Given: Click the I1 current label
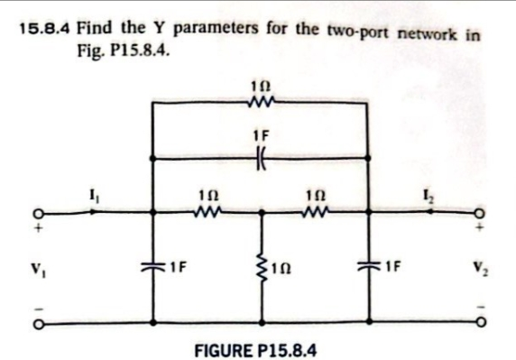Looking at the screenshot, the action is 93,191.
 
